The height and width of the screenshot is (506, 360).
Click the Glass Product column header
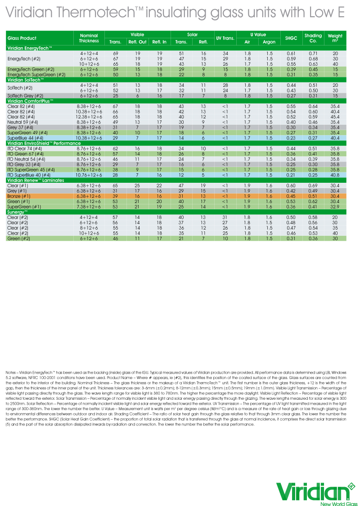pyautogui.click(x=22, y=38)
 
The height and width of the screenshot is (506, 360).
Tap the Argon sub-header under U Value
pyautogui.click(x=269, y=42)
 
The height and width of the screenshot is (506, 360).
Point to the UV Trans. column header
pyautogui.click(x=225, y=38)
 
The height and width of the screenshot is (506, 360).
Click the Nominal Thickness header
pyautogui.click(x=89, y=38)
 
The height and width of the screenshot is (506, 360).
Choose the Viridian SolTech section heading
pyautogui.click(x=26, y=79)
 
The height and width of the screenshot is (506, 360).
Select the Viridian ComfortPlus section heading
pyautogui.click(x=31, y=101)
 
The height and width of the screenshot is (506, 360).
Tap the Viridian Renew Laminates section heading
pyautogui.click(x=36, y=180)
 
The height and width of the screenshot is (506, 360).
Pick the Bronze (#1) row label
pyautogui.click(x=19, y=196)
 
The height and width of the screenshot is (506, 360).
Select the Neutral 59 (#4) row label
pyautogui.click(x=22, y=122)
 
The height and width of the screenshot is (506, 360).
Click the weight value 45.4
pyautogui.click(x=335, y=117)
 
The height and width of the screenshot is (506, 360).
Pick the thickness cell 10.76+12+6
pyautogui.click(x=89, y=175)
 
